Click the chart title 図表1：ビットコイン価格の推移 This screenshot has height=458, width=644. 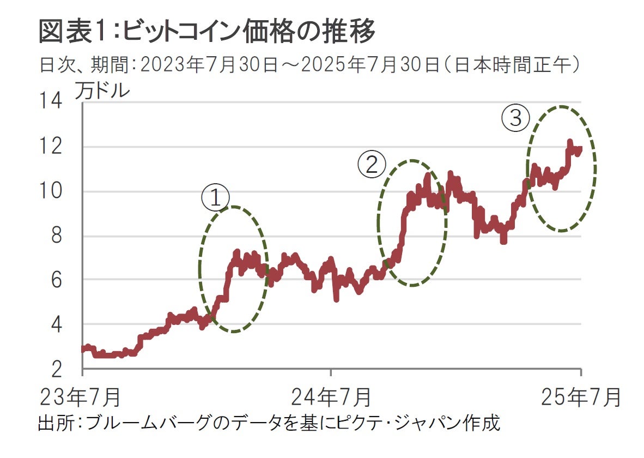pyautogui.click(x=207, y=32)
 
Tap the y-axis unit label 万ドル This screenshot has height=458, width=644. pyautogui.click(x=102, y=91)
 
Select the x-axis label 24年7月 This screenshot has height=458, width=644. pyautogui.click(x=331, y=397)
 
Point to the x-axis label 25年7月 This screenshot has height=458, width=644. pyautogui.click(x=581, y=397)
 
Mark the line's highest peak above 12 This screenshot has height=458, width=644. pyautogui.click(x=570, y=143)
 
